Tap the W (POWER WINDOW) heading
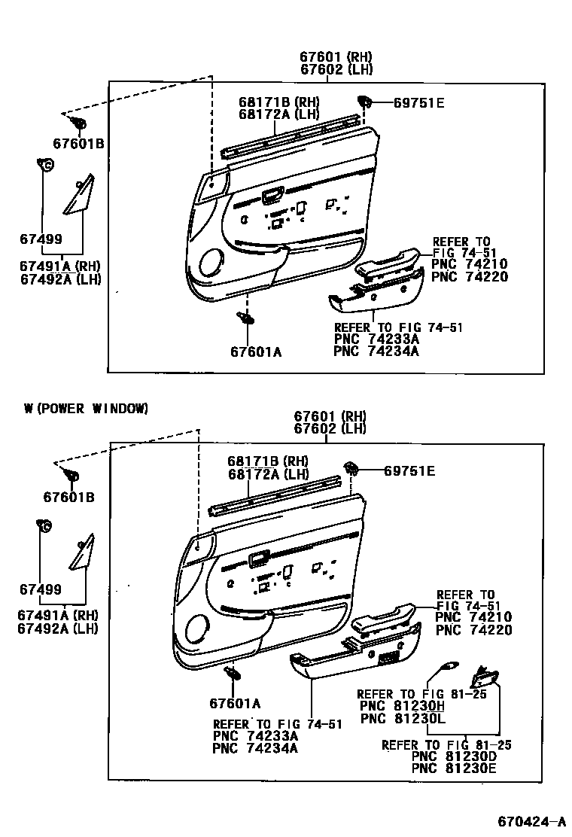[x=86, y=409]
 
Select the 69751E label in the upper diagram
[x=418, y=103]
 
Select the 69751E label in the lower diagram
[x=409, y=471]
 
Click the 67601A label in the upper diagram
[x=256, y=352]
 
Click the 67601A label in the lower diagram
[x=235, y=703]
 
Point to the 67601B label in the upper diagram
[x=78, y=143]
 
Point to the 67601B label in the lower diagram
[x=68, y=497]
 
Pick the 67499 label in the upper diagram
[x=41, y=239]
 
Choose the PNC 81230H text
[x=403, y=706]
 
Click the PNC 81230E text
[x=455, y=769]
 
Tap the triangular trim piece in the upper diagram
[x=80, y=198]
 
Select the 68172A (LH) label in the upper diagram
[x=279, y=114]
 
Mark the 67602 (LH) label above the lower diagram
[x=330, y=428]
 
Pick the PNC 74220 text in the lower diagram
[x=473, y=630]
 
